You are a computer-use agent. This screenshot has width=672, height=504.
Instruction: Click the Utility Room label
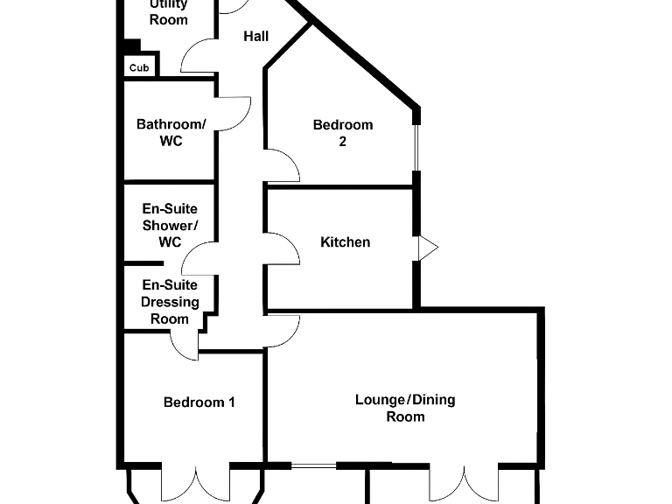168,12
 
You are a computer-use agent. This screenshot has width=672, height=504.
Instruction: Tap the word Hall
255,37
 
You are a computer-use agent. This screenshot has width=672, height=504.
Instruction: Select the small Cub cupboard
139,67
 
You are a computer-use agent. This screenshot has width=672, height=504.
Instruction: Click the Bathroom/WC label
171,132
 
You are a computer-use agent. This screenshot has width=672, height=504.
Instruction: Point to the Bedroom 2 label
343,132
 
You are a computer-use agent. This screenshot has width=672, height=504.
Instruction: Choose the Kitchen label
345,241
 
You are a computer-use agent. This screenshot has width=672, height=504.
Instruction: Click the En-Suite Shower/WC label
170,225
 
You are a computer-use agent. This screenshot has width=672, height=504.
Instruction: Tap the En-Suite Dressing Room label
170,302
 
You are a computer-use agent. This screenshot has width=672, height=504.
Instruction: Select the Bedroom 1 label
199,402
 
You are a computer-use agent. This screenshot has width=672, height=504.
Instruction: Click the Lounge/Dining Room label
405,408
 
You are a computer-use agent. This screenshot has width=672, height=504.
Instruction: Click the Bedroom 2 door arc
283,166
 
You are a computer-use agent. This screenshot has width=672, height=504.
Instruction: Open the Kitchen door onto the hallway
283,248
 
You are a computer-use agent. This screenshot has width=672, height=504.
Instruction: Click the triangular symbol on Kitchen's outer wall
427,248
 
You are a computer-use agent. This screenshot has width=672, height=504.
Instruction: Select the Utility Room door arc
198,57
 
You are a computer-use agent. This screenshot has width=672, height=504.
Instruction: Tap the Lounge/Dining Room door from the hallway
283,331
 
